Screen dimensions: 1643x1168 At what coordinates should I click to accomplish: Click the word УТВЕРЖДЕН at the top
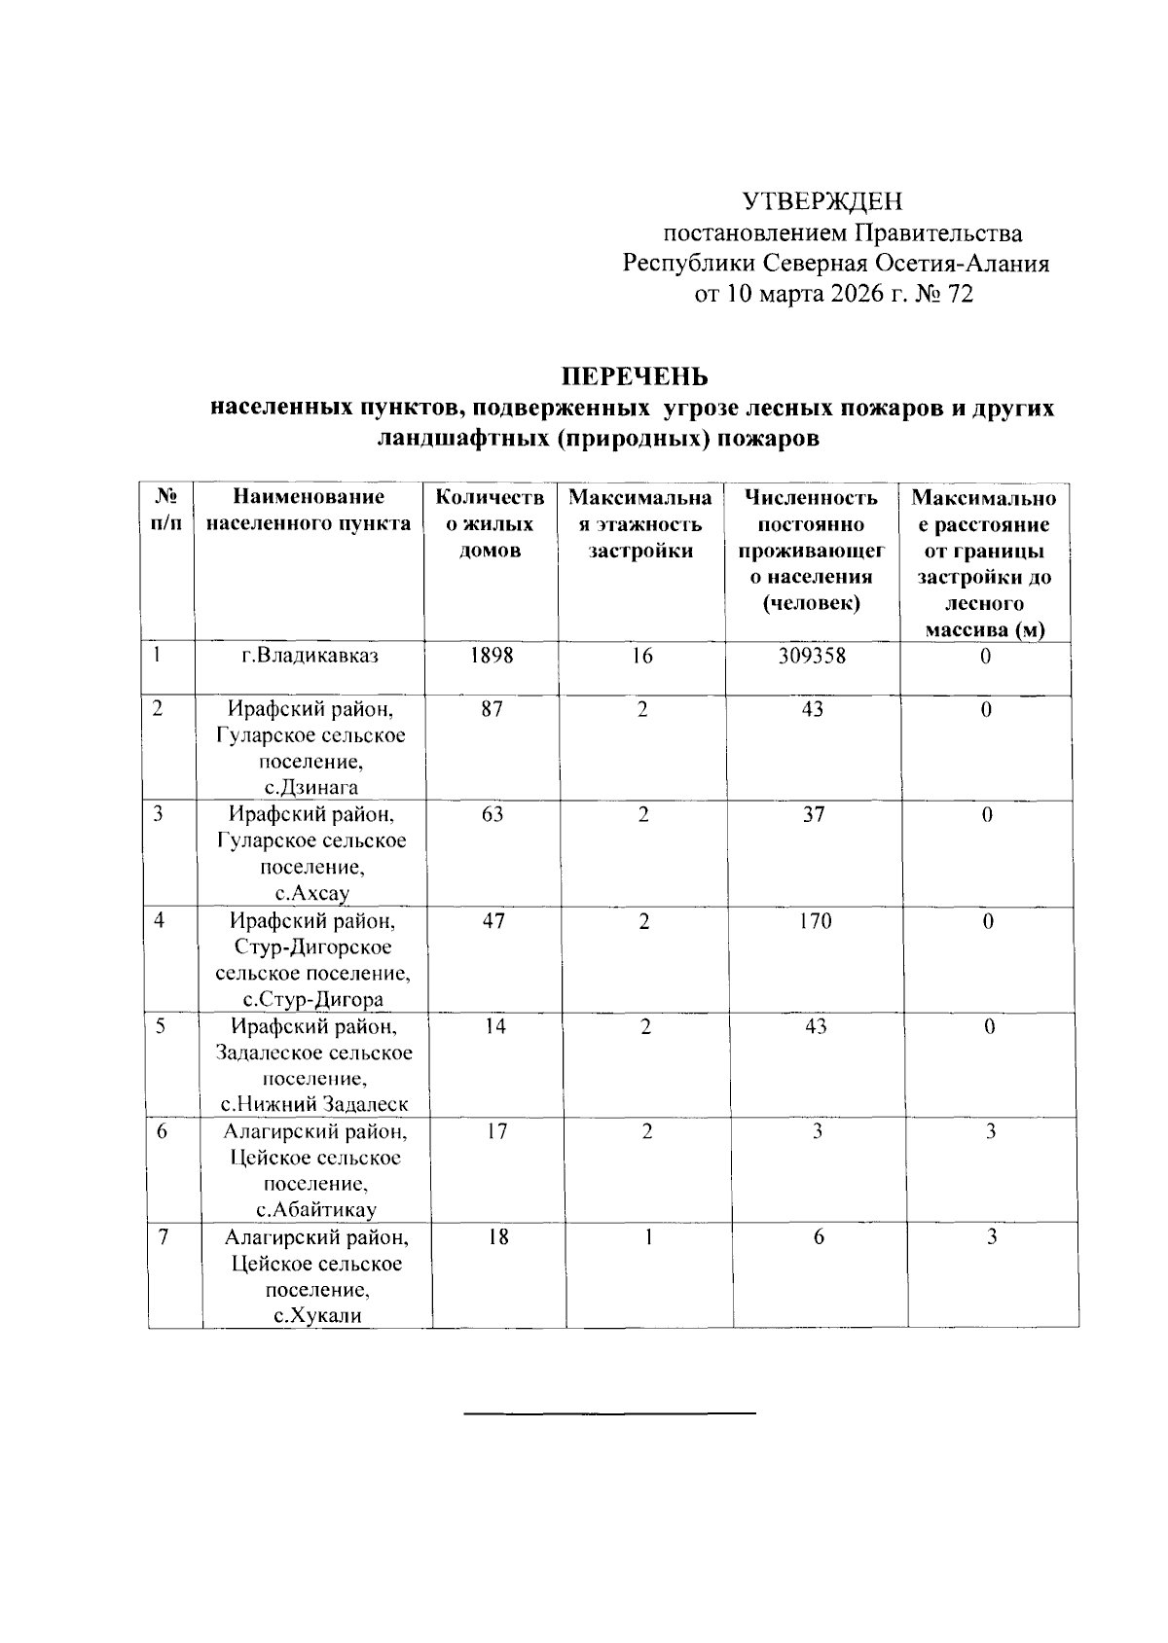(x=822, y=201)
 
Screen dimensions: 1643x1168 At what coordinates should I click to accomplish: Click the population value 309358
(x=812, y=657)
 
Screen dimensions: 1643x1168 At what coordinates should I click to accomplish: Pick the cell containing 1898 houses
(x=491, y=657)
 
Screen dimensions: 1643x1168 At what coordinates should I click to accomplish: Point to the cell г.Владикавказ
(x=310, y=657)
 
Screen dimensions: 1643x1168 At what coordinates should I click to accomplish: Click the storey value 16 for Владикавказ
(x=641, y=657)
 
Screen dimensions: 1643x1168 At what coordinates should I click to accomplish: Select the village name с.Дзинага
(x=311, y=788)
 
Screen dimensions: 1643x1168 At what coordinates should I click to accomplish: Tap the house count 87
(x=492, y=710)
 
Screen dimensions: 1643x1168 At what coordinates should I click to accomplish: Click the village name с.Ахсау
(x=312, y=894)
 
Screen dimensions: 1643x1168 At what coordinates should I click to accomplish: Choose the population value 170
(x=814, y=921)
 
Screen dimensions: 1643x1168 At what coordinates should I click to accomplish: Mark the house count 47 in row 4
(x=493, y=921)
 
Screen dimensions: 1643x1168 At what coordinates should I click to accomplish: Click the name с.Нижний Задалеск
(x=313, y=1105)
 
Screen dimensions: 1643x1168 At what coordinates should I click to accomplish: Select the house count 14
(x=494, y=1026)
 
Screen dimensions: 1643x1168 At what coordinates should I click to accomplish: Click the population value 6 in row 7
(x=819, y=1237)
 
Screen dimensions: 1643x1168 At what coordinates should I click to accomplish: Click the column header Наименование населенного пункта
(x=310, y=511)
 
